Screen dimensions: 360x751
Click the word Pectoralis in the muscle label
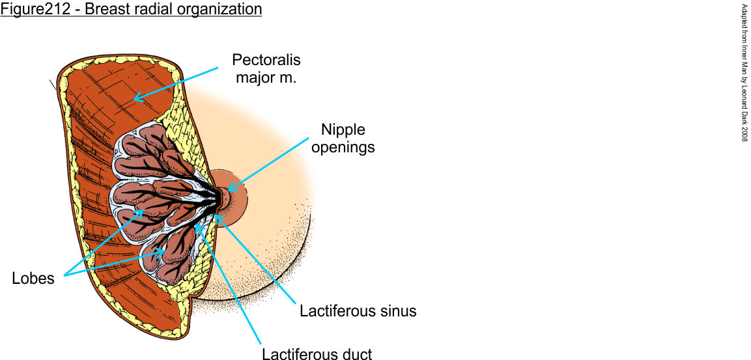pyautogui.click(x=267, y=61)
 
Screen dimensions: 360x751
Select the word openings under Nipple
pyautogui.click(x=343, y=147)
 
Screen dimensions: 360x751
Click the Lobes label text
pyautogui.click(x=34, y=279)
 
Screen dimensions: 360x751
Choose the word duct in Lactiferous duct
pyautogui.click(x=356, y=355)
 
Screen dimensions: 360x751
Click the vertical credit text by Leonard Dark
pyautogui.click(x=745, y=72)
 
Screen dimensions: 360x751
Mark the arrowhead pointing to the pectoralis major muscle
pyautogui.click(x=134, y=100)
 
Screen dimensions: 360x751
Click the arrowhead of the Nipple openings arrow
pyautogui.click(x=226, y=191)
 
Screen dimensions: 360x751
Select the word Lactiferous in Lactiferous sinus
pyautogui.click(x=331, y=311)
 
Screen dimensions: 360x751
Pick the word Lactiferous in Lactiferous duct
pyautogui.click(x=293, y=355)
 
